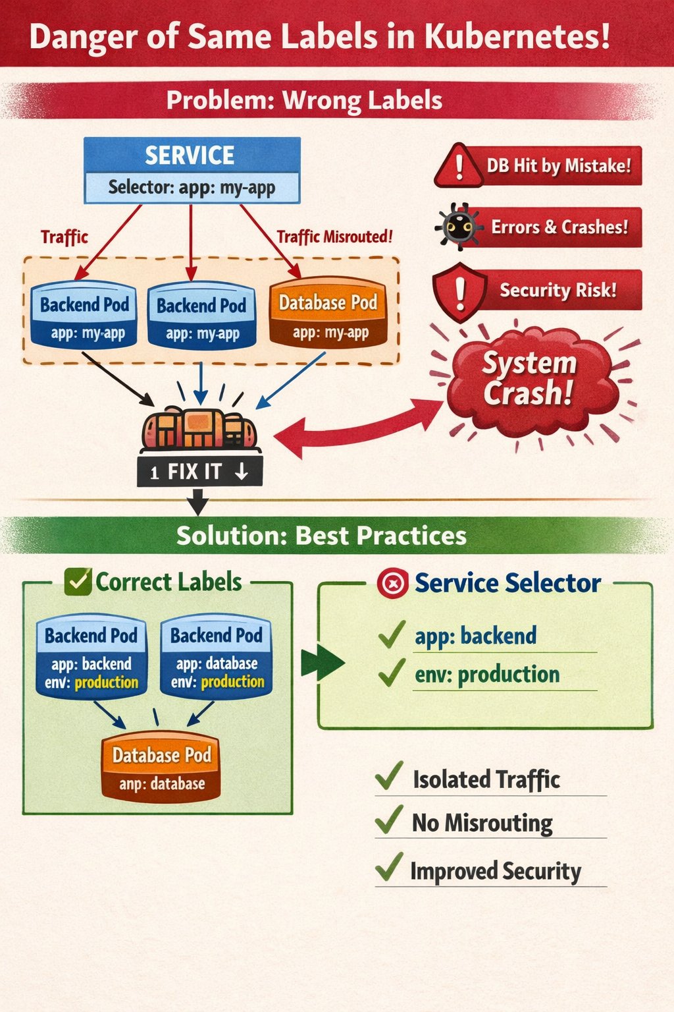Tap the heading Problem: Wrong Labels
click(304, 101)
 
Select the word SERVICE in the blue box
click(190, 155)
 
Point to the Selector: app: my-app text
click(192, 188)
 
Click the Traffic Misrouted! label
click(334, 237)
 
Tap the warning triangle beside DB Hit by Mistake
click(459, 165)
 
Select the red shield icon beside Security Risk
click(459, 291)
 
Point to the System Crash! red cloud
click(530, 379)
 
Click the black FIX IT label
click(199, 472)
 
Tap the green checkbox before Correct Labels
click(78, 581)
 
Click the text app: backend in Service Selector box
click(475, 636)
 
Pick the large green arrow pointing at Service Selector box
click(323, 663)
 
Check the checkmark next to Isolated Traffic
click(389, 777)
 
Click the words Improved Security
click(495, 871)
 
